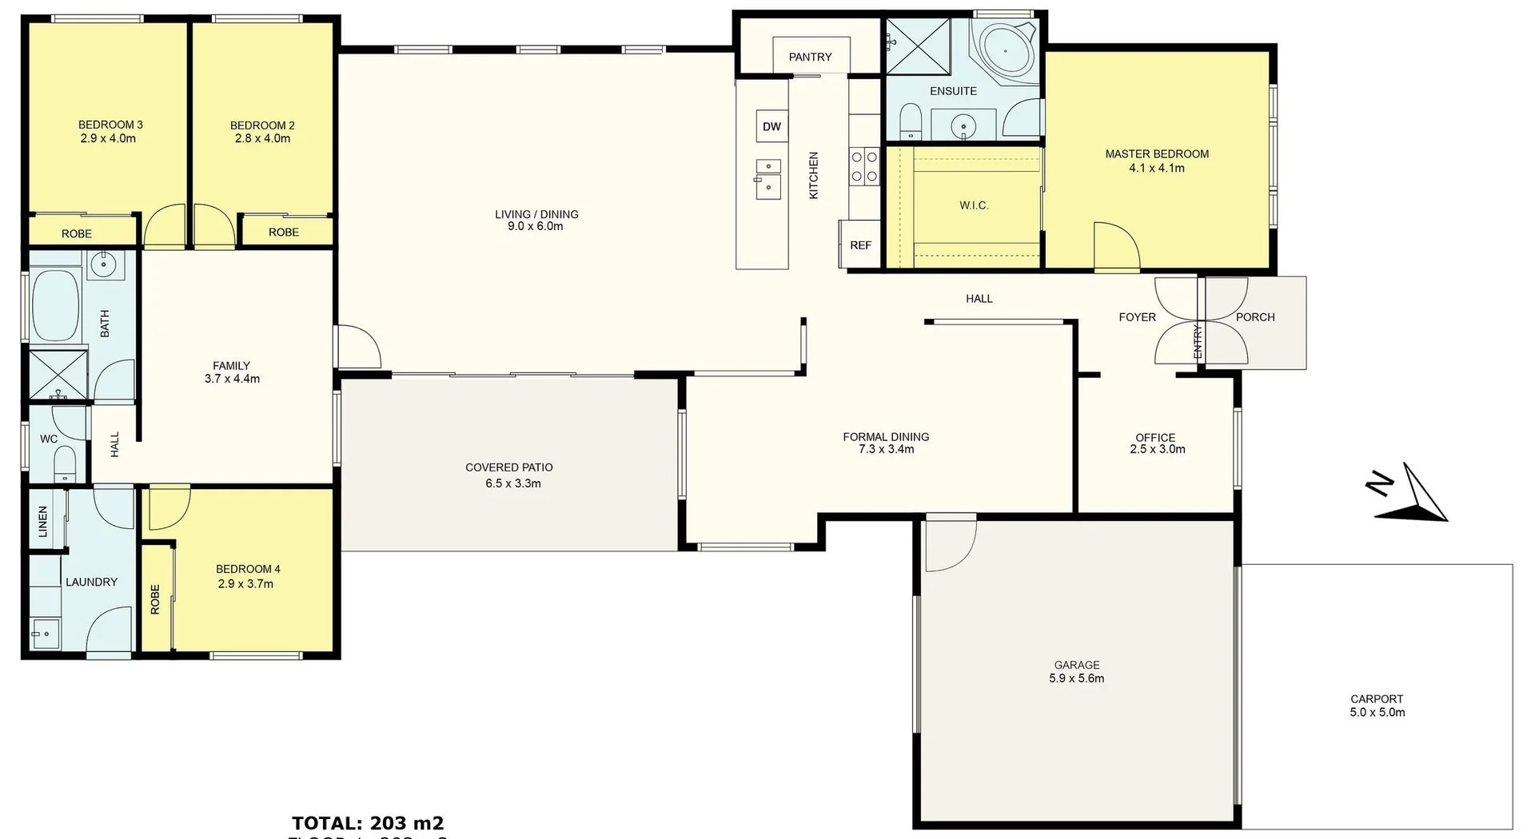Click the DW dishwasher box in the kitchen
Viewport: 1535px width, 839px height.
tap(771, 126)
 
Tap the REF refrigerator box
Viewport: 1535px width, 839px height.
tap(860, 245)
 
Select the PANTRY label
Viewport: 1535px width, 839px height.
tap(810, 57)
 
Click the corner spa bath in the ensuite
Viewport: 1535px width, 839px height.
tap(1003, 50)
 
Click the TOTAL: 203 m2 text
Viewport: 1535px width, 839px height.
tap(368, 823)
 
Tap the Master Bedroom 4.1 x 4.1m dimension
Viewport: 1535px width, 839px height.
tap(1156, 168)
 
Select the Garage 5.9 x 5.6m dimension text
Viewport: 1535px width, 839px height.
tap(1076, 678)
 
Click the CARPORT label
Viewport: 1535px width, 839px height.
tap(1377, 698)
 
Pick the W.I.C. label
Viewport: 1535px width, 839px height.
tap(974, 205)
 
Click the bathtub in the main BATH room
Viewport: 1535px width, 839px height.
tap(55, 306)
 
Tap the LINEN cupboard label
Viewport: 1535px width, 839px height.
tap(43, 521)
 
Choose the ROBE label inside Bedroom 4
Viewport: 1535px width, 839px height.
tap(155, 599)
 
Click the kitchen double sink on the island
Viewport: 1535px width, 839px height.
tap(767, 178)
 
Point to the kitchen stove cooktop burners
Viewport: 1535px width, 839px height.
tap(863, 166)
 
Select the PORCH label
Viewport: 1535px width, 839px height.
tap(1254, 317)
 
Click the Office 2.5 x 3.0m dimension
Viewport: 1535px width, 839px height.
tap(1157, 449)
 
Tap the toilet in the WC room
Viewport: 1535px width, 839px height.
tap(64, 463)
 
